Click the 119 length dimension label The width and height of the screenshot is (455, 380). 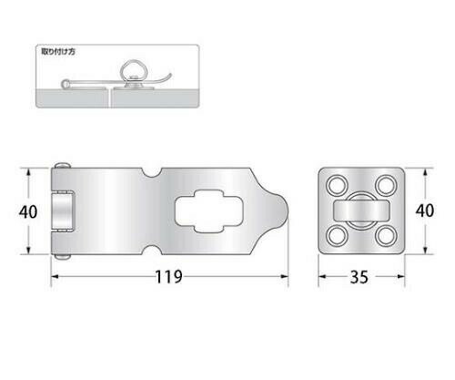coord(168,277)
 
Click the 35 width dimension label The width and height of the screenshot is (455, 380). coord(359,277)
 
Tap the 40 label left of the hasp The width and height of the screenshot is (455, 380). coord(28,211)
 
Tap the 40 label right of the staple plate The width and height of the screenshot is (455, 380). coord(425,211)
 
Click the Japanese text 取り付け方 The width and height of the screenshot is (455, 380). coord(58,52)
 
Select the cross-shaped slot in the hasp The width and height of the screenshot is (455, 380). coord(209,211)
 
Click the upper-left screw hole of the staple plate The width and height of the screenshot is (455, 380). coord(338,185)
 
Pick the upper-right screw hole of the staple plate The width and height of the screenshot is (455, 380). coord(386,185)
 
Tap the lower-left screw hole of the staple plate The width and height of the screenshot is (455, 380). coord(338,236)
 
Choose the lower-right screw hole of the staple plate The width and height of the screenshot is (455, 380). coord(386,236)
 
